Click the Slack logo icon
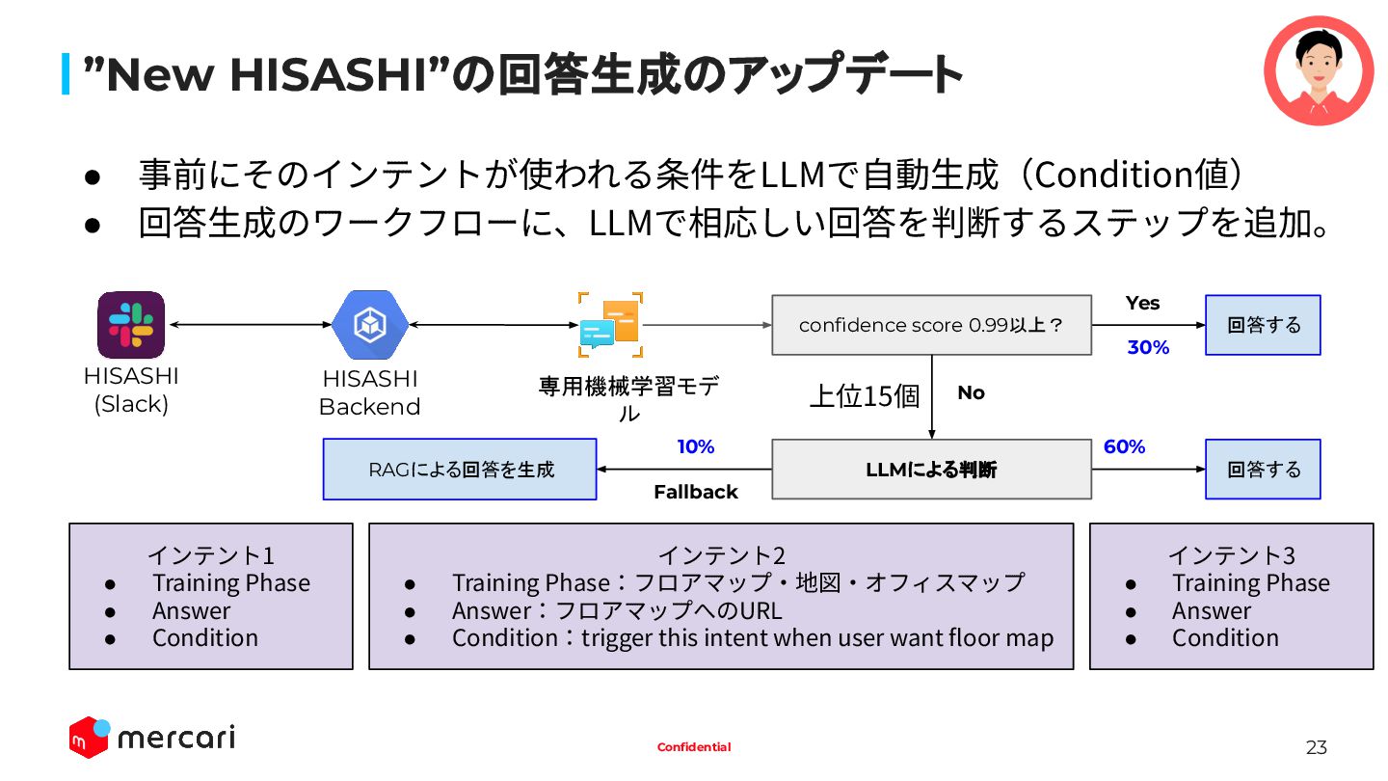(131, 325)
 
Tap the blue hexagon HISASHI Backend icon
(370, 325)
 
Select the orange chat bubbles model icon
(610, 325)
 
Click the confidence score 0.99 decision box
(931, 325)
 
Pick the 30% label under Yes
(1148, 348)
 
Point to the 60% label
(1124, 446)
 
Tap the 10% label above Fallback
(696, 446)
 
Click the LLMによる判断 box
(931, 470)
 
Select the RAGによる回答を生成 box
(460, 470)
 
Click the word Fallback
(696, 493)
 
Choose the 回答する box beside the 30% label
(1263, 325)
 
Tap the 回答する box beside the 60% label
(1263, 470)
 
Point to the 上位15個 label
(865, 396)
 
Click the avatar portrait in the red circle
(1318, 70)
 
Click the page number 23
(1316, 747)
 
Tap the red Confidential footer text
(694, 747)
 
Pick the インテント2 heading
(721, 555)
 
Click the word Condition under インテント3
(1225, 638)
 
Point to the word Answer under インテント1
(191, 611)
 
